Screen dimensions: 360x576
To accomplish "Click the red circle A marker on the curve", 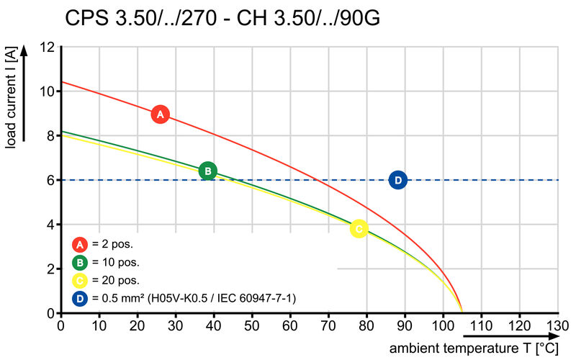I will [x=160, y=114].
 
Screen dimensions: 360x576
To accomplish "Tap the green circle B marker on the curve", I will [x=207, y=171].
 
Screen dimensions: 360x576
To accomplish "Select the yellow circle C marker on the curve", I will [x=359, y=229].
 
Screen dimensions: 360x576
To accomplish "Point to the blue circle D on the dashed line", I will [x=397, y=180].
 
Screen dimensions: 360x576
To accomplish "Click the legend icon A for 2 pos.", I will [x=81, y=244].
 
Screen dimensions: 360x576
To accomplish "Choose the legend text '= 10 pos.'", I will [x=115, y=262].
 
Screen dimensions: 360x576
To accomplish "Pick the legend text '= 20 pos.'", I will [x=115, y=280].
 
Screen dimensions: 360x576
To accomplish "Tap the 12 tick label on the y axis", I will [x=48, y=48].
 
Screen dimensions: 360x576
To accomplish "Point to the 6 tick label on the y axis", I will [x=51, y=180].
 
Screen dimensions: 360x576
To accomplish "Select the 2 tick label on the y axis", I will [x=51, y=269].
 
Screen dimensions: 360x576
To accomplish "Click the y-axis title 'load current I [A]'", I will [x=11, y=99].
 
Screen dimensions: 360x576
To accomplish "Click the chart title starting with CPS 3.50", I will [x=222, y=18].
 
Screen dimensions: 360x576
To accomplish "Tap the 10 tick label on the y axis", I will [x=48, y=91].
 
